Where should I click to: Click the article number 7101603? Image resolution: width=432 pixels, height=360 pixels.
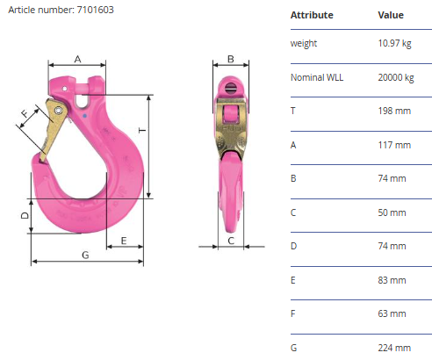point(95,10)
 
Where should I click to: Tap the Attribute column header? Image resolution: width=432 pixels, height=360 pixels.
point(312,15)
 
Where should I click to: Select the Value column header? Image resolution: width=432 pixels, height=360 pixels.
point(391,15)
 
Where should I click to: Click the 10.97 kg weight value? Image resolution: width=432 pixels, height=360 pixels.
point(394,43)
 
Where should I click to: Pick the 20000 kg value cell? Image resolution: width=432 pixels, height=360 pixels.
point(396,77)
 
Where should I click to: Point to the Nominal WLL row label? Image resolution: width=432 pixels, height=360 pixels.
point(317,77)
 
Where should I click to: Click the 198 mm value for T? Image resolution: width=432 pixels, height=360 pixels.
point(394,111)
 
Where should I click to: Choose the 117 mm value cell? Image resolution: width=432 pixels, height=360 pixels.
point(394,145)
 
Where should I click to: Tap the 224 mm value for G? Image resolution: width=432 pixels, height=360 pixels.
point(394,348)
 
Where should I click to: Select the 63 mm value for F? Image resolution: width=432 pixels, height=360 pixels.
point(392,313)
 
